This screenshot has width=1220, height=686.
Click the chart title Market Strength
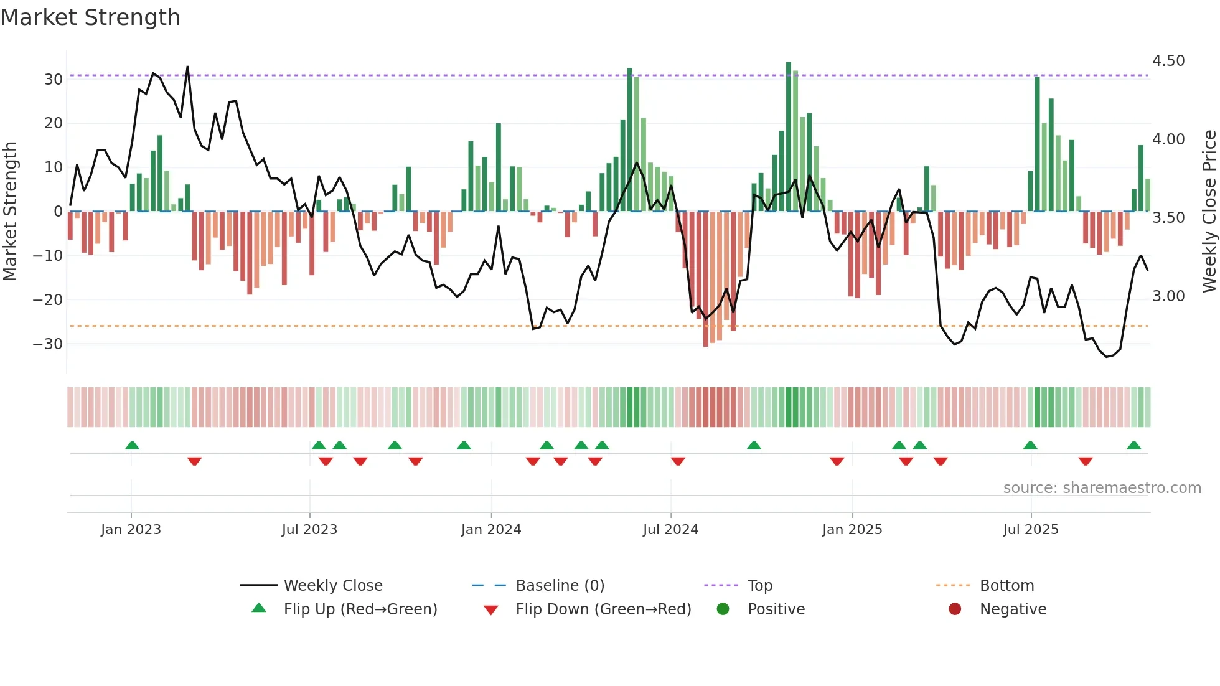tap(90, 17)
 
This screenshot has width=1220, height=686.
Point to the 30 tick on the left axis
tap(54, 80)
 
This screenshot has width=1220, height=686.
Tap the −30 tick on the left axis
tap(48, 344)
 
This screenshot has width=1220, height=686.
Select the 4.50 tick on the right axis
tap(1168, 61)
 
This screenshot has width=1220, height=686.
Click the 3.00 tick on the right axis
tap(1168, 296)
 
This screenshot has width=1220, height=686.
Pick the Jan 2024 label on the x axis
tap(491, 530)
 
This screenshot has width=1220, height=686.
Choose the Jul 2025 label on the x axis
tap(1031, 530)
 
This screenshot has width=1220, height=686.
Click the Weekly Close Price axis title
tap(1209, 211)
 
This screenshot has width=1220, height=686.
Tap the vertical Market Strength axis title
tap(10, 211)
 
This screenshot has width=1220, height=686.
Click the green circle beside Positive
tap(723, 609)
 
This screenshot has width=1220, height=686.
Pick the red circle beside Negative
tap(955, 609)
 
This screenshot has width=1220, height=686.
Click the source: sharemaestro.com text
tap(1102, 488)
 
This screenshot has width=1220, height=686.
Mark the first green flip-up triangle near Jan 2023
tap(132, 445)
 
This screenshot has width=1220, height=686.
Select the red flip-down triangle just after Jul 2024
tap(678, 461)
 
